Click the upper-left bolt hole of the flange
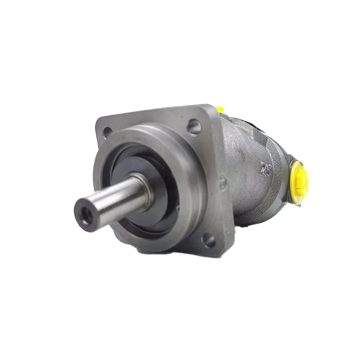pos(107,131)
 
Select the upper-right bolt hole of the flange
pos(193,126)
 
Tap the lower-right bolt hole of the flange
pos(208,239)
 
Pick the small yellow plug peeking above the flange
pos(220,109)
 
